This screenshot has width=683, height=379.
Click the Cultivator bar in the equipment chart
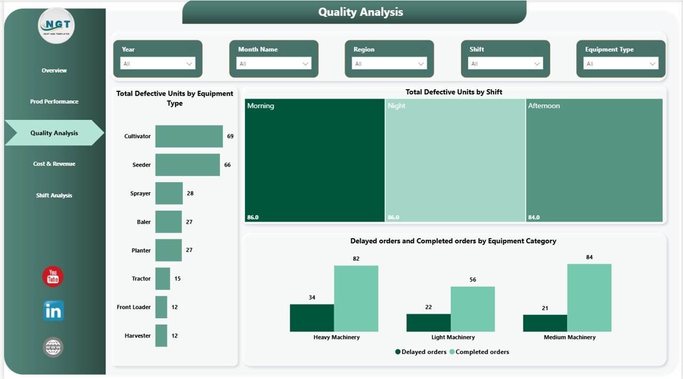[x=189, y=136]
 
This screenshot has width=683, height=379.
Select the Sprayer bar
[x=169, y=193]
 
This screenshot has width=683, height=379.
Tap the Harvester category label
[x=138, y=336]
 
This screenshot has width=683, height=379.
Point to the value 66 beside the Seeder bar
[x=227, y=165]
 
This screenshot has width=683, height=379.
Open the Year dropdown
[x=158, y=64]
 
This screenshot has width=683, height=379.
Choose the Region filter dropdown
[x=389, y=64]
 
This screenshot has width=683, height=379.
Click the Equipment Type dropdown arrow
[x=652, y=64]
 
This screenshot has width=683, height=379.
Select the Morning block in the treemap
[x=314, y=160]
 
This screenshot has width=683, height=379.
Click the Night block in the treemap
[x=455, y=160]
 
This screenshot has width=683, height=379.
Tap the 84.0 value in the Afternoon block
[x=534, y=217]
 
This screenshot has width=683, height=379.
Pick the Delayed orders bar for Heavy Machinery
[x=312, y=318]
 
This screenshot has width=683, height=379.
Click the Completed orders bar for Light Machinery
[x=472, y=309]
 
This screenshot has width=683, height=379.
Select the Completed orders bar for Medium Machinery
[x=589, y=298]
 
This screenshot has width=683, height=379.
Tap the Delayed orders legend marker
[x=398, y=352]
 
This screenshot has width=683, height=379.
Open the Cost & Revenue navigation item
[x=54, y=164]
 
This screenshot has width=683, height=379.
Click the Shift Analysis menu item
[x=54, y=195]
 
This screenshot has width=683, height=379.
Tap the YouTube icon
[x=53, y=277]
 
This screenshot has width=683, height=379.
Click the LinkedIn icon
[x=53, y=311]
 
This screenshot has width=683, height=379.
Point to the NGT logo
[x=56, y=25]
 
